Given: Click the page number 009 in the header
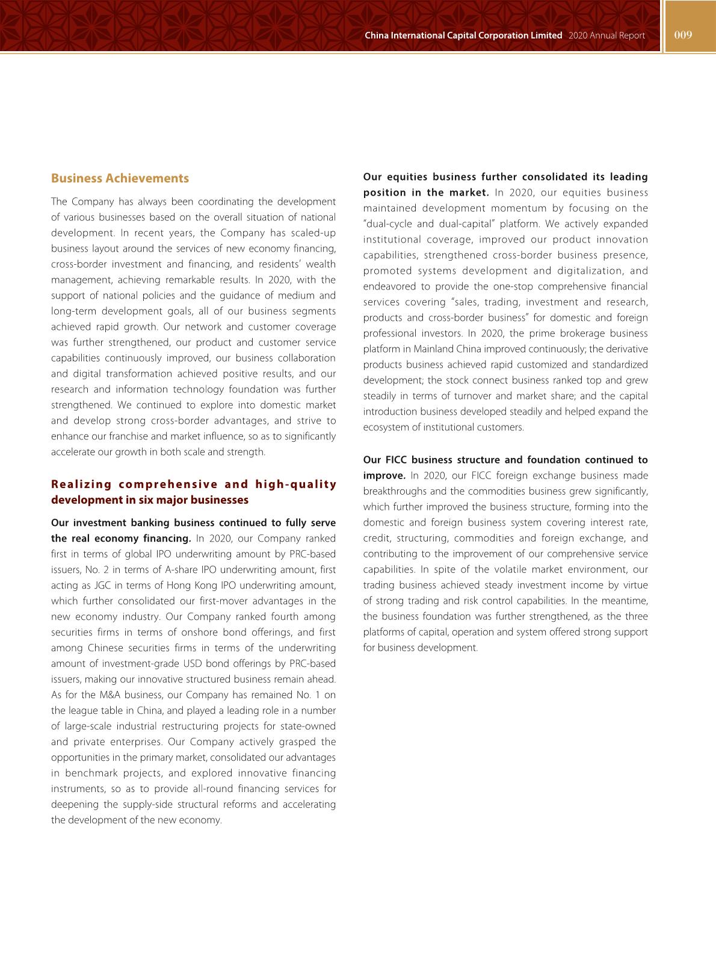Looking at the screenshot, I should (683, 35).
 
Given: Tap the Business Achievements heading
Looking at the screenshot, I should (120, 178).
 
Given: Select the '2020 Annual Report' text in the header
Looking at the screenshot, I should (606, 36).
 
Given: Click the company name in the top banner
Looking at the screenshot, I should (463, 36).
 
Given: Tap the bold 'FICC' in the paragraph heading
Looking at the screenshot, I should (397, 460).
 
